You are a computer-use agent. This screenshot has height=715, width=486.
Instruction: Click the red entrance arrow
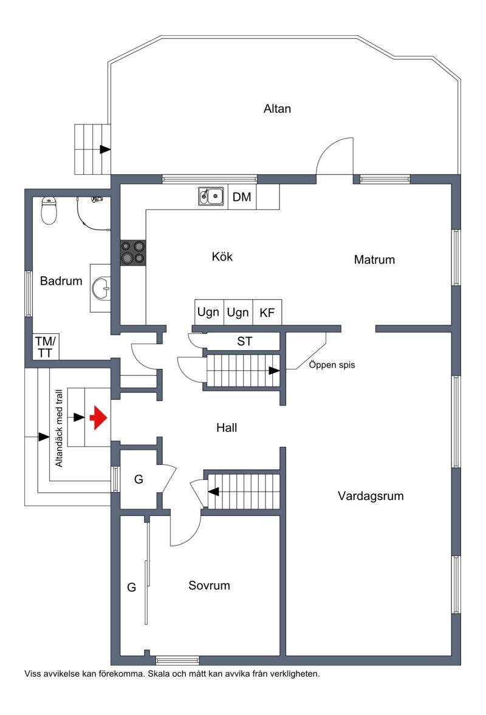[98, 418]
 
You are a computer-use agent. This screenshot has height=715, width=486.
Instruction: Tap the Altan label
[277, 109]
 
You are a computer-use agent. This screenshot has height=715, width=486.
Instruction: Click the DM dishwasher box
[242, 197]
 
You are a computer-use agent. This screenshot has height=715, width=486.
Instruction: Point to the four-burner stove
[133, 252]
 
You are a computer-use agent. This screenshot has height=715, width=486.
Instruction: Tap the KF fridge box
[267, 313]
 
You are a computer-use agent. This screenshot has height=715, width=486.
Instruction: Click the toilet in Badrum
[49, 210]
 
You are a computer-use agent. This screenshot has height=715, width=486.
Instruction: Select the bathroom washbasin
[101, 288]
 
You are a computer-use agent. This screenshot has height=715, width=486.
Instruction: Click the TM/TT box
[44, 347]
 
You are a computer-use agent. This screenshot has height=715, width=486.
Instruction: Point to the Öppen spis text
[332, 365]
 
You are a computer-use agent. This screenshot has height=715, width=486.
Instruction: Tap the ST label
[244, 342]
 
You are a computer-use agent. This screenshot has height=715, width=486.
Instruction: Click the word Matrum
[374, 260]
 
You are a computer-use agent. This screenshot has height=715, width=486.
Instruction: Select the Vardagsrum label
[371, 496]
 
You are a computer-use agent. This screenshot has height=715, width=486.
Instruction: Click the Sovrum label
[209, 586]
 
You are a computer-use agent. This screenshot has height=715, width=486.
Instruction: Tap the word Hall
[227, 428]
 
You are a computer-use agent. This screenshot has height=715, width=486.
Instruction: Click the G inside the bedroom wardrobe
[131, 587]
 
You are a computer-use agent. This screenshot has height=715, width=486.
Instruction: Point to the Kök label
[222, 257]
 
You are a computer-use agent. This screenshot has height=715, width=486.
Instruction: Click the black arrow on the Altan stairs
[105, 149]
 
